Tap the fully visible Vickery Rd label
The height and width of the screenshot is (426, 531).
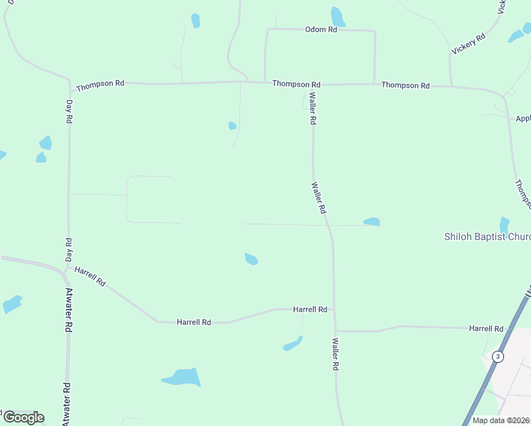469,43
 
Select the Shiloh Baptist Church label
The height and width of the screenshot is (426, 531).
487,236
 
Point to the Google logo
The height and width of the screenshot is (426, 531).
23,417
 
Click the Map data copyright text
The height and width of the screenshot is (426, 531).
501,420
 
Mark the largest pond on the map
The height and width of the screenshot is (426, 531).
182,377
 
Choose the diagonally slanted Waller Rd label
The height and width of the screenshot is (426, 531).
318,198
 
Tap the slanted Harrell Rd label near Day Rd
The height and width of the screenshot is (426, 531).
90,276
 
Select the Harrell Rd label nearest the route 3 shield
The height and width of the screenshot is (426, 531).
486,329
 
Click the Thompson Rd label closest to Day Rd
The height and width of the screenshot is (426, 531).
100,84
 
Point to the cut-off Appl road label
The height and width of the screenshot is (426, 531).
522,119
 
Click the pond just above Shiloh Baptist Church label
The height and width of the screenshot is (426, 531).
504,225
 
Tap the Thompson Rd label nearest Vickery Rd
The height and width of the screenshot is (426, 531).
405,85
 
